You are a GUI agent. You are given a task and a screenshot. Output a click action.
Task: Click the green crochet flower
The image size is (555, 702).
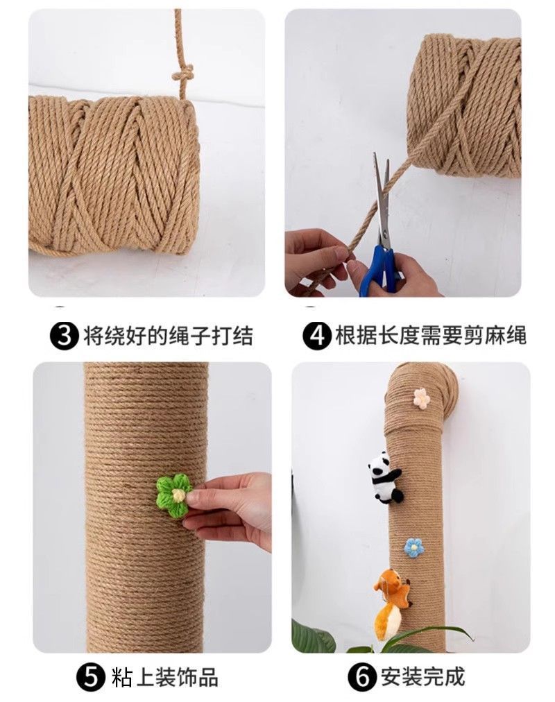(173, 495)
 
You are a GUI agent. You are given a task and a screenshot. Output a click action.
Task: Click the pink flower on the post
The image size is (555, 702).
(421, 398)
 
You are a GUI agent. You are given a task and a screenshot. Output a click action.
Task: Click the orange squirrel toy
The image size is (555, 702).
(391, 601)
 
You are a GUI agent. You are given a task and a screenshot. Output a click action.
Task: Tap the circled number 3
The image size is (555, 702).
(65, 335)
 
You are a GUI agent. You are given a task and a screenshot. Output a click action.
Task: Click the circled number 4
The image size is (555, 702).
(317, 335)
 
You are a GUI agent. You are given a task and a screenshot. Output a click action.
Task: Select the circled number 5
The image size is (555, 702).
(91, 678)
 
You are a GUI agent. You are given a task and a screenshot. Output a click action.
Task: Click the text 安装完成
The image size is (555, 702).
(422, 677)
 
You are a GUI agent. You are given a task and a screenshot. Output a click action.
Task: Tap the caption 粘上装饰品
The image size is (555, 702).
(164, 678)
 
